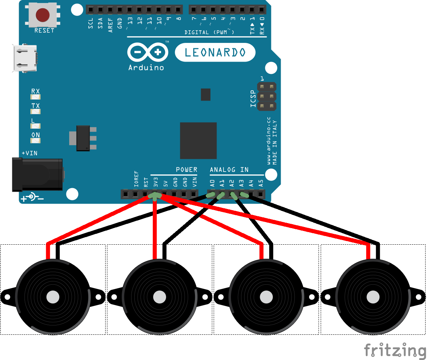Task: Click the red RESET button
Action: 43,15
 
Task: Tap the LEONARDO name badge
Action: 215,53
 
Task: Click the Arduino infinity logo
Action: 148,53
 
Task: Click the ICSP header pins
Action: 267,96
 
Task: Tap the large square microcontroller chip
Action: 198,141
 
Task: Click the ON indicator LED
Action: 36,140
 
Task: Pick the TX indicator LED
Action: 36,111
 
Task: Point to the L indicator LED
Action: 36,126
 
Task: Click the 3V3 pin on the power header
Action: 155,195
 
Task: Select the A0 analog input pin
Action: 212,195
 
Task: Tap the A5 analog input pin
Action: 261,195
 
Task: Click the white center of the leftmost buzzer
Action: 53,297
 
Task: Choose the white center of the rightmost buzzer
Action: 373,297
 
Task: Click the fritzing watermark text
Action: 395,350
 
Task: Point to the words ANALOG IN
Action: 229,169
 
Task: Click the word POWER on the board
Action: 186,169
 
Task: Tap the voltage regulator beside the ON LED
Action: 84,138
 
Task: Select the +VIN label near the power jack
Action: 29,153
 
